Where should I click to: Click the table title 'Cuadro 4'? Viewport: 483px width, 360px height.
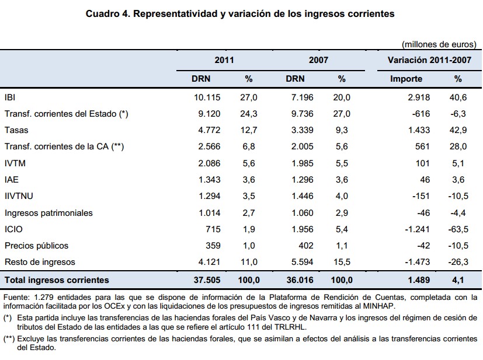point(107,13)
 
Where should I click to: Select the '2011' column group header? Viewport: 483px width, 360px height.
point(224,60)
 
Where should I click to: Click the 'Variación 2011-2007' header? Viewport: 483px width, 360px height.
point(429,60)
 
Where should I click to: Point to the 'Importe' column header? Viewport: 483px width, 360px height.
point(406,79)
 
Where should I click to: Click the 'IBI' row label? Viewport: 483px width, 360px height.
point(11,97)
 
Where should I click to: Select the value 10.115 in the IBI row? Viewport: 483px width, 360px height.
point(207,97)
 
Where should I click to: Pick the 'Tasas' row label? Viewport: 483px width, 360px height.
point(16,130)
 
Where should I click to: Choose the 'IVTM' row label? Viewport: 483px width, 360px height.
point(15,163)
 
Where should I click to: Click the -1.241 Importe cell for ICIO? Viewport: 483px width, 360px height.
point(415,229)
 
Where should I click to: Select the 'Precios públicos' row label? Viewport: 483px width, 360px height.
point(36,246)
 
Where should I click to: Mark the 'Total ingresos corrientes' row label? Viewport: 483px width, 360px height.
point(56,280)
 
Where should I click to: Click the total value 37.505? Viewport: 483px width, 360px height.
point(207,280)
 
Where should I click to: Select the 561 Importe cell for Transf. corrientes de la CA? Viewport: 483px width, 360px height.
point(422,146)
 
